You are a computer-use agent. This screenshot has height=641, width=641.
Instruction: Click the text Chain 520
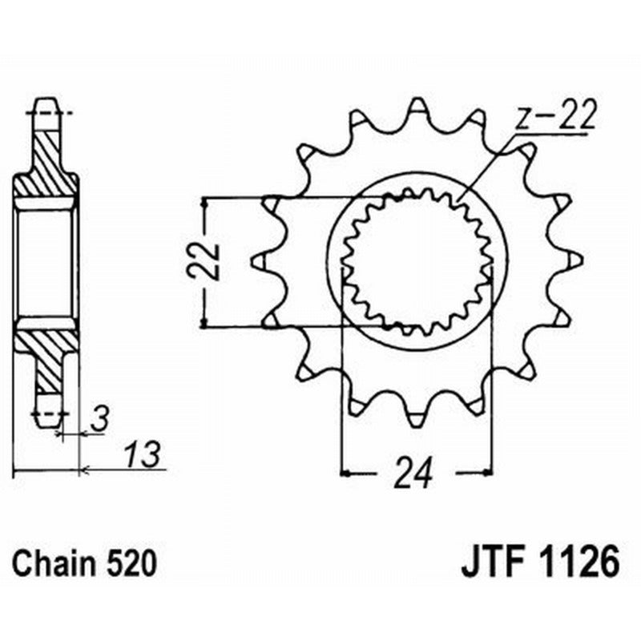click(x=84, y=563)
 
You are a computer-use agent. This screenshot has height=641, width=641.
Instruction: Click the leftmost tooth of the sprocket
click(x=261, y=260)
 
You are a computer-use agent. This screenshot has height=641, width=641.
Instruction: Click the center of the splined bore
click(x=416, y=261)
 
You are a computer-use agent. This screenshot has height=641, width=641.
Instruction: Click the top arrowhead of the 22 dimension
click(x=207, y=201)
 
